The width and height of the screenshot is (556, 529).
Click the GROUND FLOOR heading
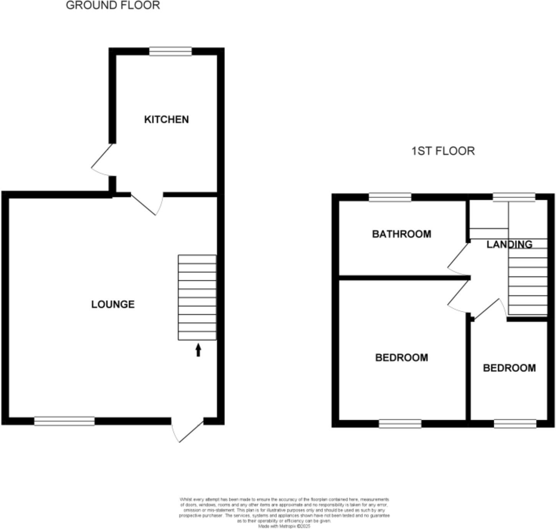[113, 5]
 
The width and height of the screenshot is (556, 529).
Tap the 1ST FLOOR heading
[443, 151]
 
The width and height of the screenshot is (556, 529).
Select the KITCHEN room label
[166, 120]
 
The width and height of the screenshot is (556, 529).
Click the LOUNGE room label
[113, 304]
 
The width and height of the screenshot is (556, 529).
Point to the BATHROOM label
[401, 234]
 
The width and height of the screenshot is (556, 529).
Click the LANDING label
[509, 245]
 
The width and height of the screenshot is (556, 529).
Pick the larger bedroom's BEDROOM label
[401, 358]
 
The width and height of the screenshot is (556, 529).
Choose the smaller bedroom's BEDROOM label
[509, 368]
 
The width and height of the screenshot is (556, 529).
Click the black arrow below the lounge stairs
[198, 350]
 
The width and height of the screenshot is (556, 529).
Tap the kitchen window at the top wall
[170, 52]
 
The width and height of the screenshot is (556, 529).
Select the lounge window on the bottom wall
[65, 421]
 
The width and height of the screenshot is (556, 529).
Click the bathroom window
[390, 198]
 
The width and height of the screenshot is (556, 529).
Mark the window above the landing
[514, 198]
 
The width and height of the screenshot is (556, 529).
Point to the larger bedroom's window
[400, 424]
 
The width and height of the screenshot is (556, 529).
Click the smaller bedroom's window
[515, 424]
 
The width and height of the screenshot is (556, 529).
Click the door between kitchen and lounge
[148, 204]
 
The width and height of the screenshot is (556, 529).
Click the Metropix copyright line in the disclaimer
[284, 526]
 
